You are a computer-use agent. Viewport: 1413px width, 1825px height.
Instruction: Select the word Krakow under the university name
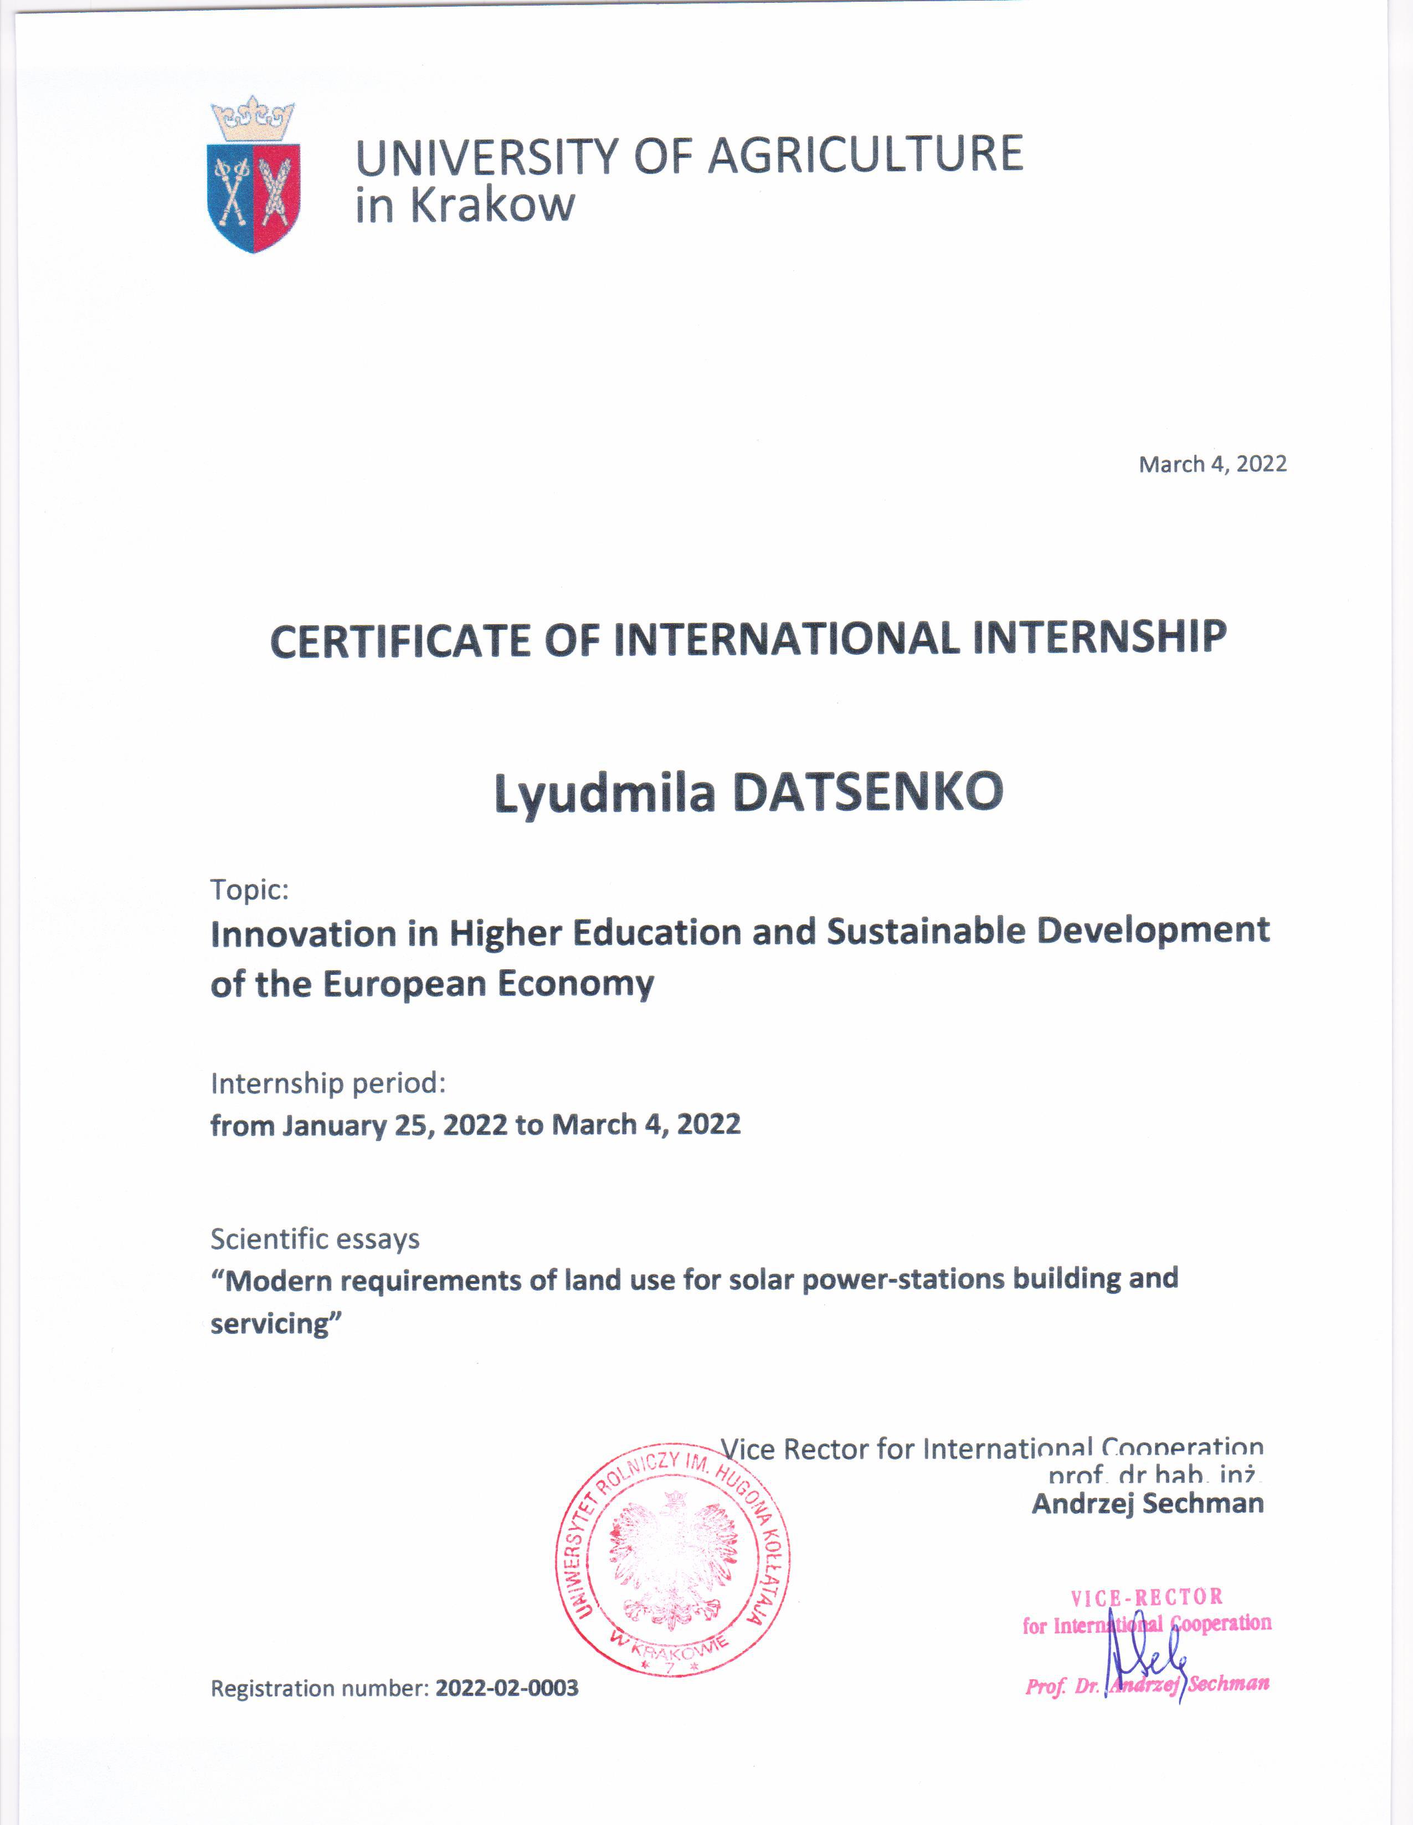click(492, 205)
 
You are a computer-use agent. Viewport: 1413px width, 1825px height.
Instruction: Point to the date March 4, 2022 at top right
click(1212, 465)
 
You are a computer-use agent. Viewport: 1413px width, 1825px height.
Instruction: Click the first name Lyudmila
click(605, 794)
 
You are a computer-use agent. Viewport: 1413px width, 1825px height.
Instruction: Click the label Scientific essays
click(315, 1239)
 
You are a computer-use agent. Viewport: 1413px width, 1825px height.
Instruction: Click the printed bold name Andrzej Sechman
click(1147, 1503)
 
